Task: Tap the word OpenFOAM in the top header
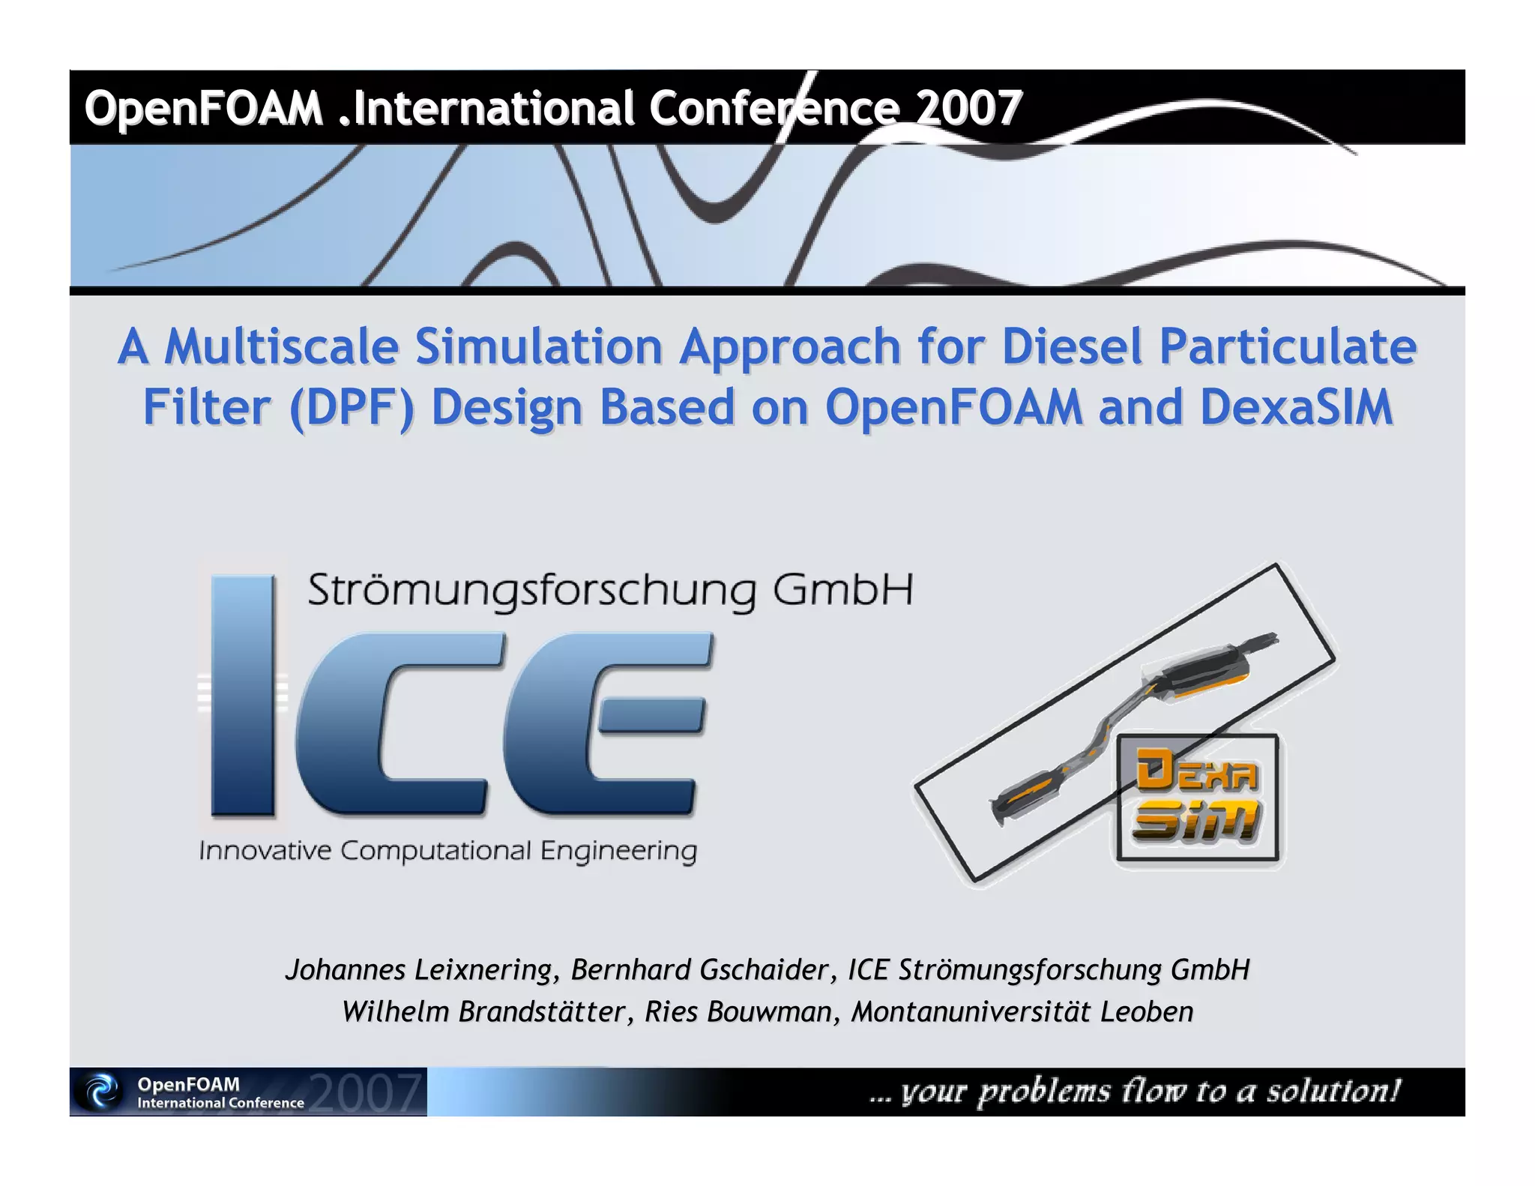203,108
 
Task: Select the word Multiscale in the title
281,347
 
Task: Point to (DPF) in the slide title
352,409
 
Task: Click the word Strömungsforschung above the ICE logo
531,591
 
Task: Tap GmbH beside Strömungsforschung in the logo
842,590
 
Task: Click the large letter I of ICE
243,695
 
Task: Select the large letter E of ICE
607,724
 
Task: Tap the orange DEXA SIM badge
1196,798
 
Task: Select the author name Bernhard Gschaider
700,969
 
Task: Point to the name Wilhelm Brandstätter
483,1011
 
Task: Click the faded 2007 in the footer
365,1092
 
